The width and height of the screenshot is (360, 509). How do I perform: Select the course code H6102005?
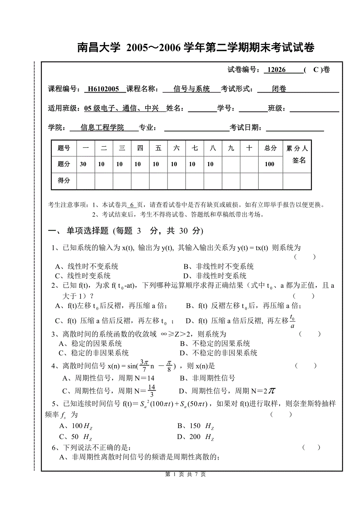pos(103,89)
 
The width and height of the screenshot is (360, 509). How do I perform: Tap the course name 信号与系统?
pos(192,89)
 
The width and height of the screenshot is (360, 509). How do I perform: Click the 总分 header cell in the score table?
pos(270,148)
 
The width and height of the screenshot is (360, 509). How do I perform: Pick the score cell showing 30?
pos(83,164)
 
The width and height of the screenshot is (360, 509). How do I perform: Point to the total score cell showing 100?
pos(270,164)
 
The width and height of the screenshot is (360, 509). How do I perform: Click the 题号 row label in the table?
pos(64,148)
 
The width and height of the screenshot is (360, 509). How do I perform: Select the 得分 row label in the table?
pos(64,180)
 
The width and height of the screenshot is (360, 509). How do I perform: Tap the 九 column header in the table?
pos(231,148)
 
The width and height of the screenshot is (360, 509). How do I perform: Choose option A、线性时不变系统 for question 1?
pos(86,267)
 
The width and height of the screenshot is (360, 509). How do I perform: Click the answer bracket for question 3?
pos(310,334)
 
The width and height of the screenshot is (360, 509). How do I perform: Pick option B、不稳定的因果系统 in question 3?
pos(215,344)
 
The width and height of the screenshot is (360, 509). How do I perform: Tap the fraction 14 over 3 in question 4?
pos(152,390)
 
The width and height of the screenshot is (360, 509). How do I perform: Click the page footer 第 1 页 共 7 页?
pos(185,474)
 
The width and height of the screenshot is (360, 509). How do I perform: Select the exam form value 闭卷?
pos(279,89)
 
